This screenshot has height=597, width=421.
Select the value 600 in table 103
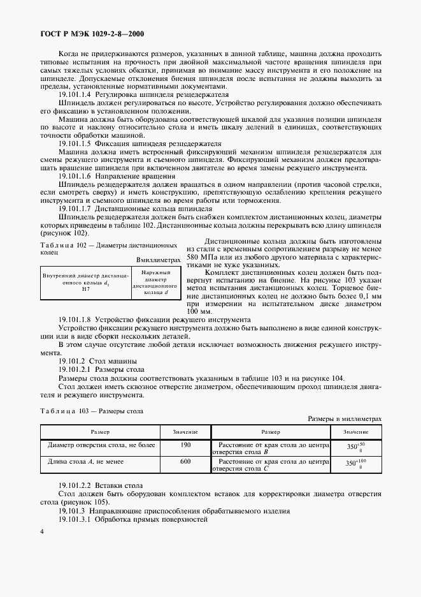point(185,461)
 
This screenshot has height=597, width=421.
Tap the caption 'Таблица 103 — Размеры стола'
point(92,411)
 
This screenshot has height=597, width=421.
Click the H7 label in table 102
point(86,290)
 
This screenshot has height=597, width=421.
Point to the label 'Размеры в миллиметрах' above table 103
point(345,418)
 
